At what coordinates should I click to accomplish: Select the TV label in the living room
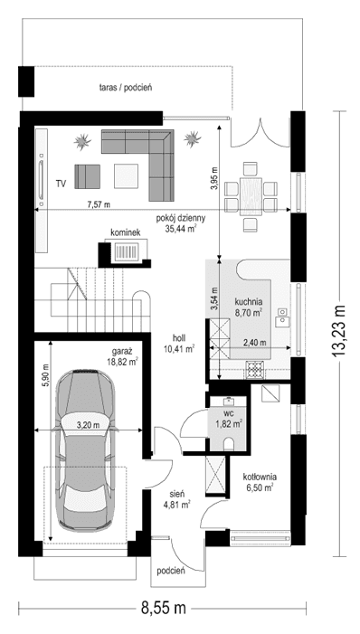pos(61,184)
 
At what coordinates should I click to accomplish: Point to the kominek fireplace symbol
pos(125,252)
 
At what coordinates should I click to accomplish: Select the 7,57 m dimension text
pos(89,203)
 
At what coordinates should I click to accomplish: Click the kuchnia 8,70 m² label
pos(248,307)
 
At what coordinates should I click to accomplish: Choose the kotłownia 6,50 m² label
pos(260,481)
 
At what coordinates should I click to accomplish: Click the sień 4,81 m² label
pos(176,499)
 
